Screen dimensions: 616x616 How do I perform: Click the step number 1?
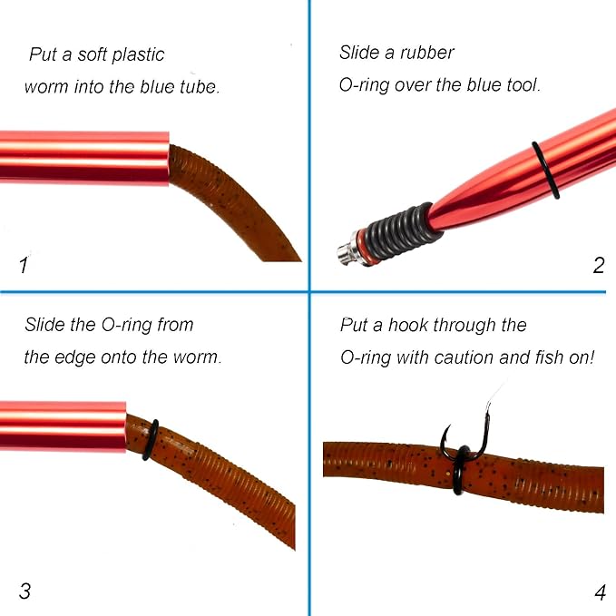point(24,265)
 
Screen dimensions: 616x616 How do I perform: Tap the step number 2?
point(599,266)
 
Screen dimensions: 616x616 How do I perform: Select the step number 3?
point(24,591)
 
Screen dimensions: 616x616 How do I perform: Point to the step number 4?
point(600,592)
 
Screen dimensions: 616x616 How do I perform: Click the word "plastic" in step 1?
point(138,55)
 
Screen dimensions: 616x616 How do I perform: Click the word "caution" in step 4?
point(464,357)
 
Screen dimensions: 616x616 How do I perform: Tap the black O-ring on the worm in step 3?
point(151,440)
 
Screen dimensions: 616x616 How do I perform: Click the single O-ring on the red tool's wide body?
point(545,171)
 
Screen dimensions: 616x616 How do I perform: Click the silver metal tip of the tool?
point(347,252)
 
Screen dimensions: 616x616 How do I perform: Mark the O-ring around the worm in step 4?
point(460,470)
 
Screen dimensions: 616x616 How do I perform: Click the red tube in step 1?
point(84,158)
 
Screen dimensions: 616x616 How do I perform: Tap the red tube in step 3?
point(63,426)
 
